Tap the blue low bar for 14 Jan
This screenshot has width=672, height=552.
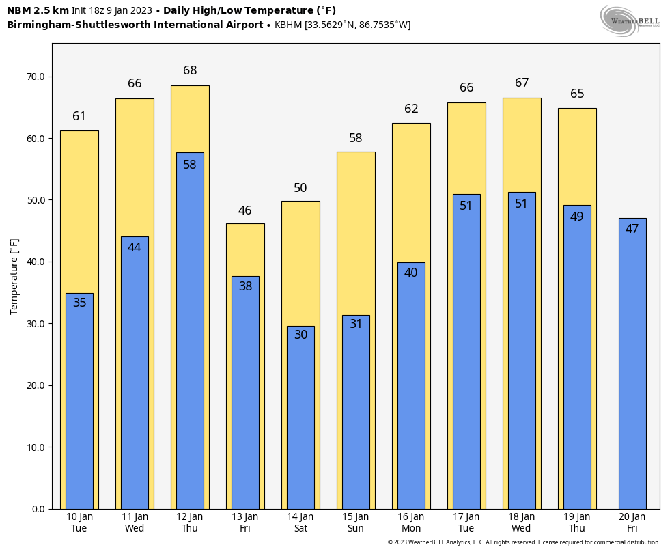pyautogui.click(x=300, y=424)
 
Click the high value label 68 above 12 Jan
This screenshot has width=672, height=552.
pyautogui.click(x=190, y=70)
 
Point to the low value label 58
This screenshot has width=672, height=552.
pyautogui.click(x=190, y=165)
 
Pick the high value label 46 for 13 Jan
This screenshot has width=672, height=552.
pyautogui.click(x=245, y=210)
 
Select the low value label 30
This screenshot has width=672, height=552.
pyautogui.click(x=300, y=335)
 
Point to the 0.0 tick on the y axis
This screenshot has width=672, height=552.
pyautogui.click(x=38, y=509)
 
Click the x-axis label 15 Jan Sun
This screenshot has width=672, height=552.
pyautogui.click(x=356, y=523)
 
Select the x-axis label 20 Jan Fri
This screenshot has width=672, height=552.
pyautogui.click(x=632, y=523)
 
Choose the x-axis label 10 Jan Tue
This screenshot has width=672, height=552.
pyautogui.click(x=79, y=523)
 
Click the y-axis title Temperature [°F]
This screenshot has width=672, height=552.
pyautogui.click(x=14, y=276)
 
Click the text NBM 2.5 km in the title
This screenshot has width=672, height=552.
pyautogui.click(x=38, y=10)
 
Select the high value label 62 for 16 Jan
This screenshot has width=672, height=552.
pyautogui.click(x=411, y=109)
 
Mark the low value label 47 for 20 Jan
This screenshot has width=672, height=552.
pyautogui.click(x=632, y=229)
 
